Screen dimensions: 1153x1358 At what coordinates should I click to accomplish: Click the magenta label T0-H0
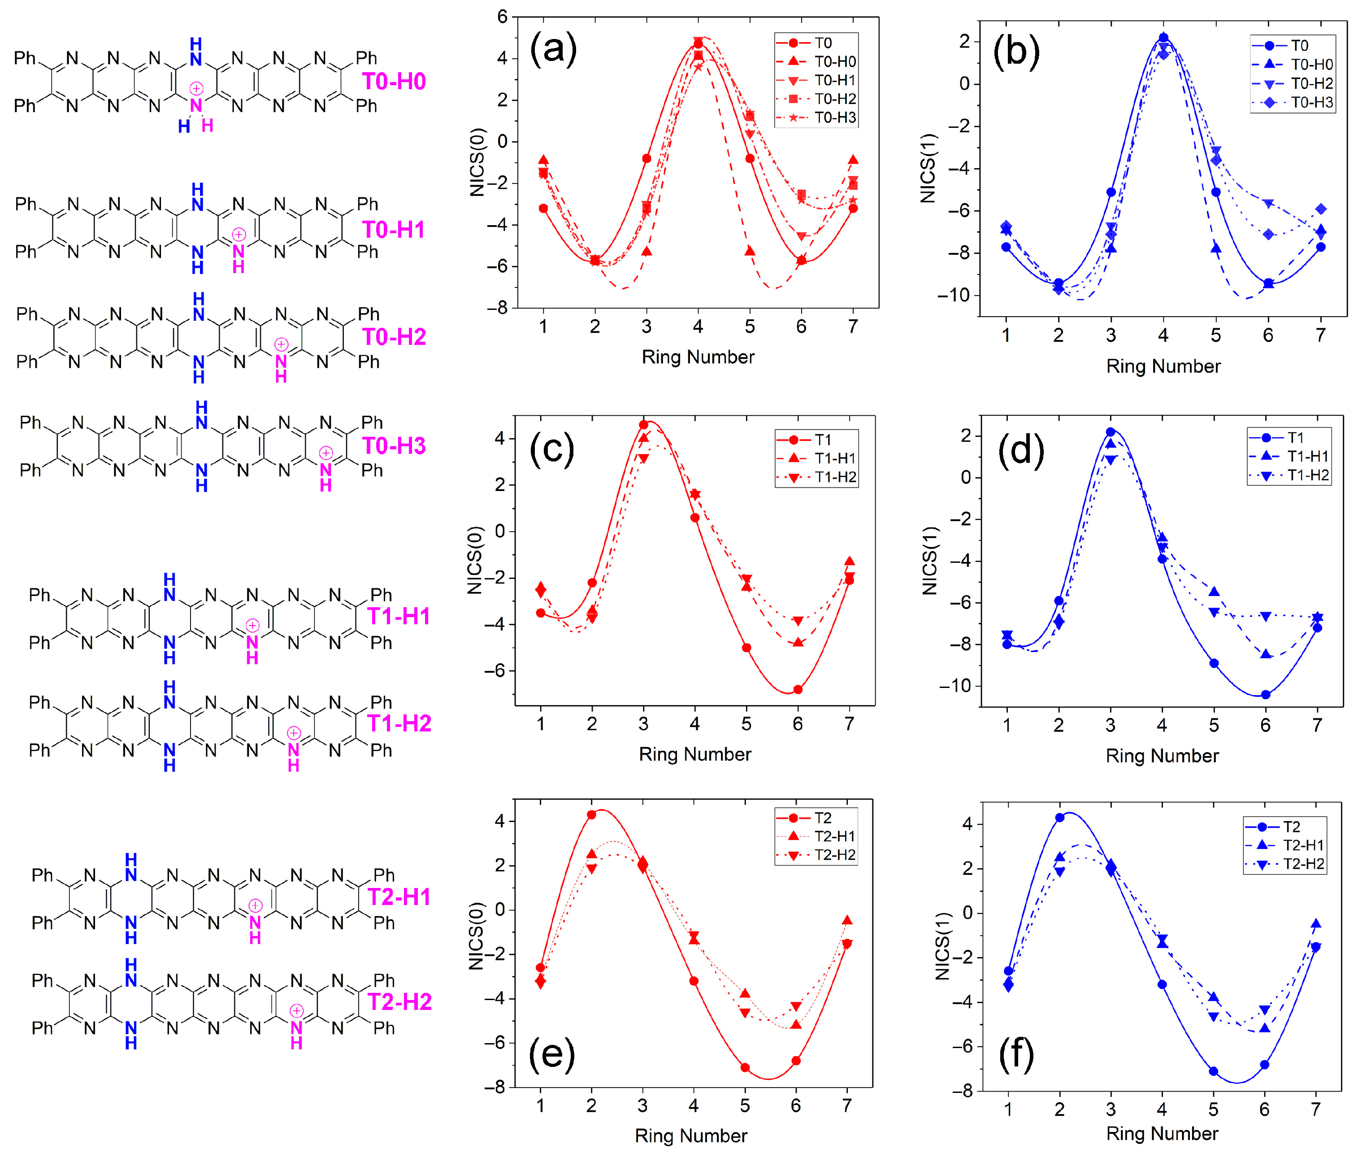394,82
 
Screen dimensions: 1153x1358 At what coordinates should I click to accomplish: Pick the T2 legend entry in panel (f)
1291,827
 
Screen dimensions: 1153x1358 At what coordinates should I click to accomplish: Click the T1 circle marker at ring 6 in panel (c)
797,690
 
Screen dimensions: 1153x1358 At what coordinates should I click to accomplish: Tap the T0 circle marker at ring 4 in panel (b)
1163,38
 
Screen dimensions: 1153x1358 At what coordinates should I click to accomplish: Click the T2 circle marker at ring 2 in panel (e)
591,815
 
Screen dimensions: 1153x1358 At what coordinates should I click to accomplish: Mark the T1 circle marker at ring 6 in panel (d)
1265,695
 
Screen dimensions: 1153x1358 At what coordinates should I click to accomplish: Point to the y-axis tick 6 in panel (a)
502,17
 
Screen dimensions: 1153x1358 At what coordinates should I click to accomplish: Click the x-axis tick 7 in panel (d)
1317,725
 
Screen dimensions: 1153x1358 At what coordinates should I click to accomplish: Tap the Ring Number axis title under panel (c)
694,754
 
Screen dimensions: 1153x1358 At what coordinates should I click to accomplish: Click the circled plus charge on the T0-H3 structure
325,453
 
